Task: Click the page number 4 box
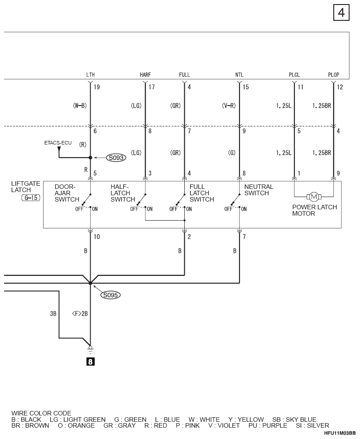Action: tap(341, 13)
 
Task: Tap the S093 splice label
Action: tap(116, 158)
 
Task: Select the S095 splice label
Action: tap(110, 295)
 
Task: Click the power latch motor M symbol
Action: tap(314, 197)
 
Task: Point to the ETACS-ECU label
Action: tap(58, 143)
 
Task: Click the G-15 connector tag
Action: tap(31, 198)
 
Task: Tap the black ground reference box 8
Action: tap(90, 362)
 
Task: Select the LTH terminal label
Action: tap(91, 75)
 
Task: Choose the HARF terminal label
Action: tap(145, 75)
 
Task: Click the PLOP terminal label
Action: tap(333, 75)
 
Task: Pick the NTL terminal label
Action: tap(240, 75)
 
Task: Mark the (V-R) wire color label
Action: tap(229, 106)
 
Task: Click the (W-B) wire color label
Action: tap(80, 106)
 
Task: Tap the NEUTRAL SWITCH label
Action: tap(259, 190)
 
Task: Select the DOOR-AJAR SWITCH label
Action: tap(67, 193)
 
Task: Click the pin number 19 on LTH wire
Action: tap(96, 87)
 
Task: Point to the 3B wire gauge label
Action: tap(53, 314)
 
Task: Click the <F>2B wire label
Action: tap(80, 314)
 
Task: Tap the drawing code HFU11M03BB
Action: tap(340, 434)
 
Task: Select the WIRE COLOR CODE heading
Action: tap(41, 413)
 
